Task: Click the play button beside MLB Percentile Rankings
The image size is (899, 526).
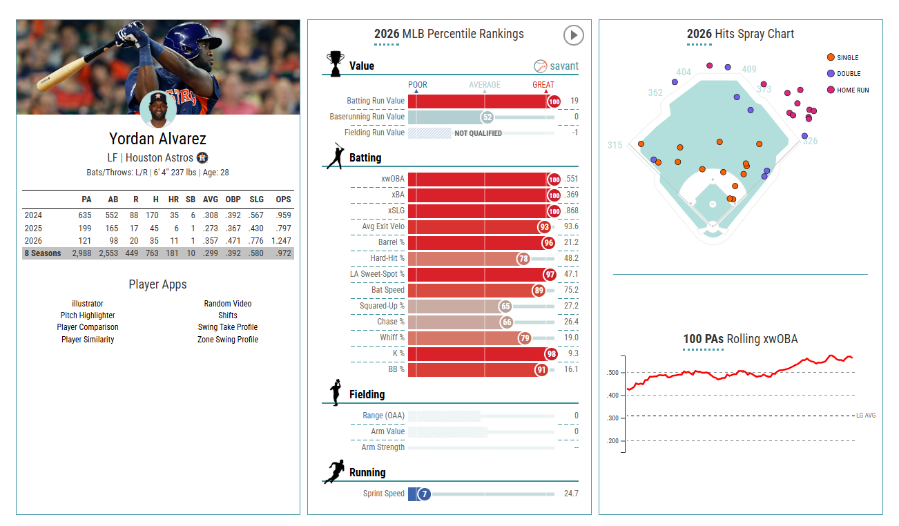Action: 574,35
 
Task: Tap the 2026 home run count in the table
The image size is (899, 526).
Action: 173,241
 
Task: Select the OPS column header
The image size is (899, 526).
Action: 283,199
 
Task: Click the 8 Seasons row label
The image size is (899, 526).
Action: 43,253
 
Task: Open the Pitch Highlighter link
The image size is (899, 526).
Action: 88,315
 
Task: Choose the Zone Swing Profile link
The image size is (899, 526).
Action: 228,339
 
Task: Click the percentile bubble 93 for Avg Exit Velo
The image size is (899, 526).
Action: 545,227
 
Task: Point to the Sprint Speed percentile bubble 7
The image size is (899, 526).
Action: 424,494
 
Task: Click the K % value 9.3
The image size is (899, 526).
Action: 573,353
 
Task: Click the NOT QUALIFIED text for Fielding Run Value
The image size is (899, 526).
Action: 478,133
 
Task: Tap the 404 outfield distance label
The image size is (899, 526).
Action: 684,72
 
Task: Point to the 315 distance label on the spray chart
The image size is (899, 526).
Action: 615,146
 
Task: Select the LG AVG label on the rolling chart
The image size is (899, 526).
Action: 866,416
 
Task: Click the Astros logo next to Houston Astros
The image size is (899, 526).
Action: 202,157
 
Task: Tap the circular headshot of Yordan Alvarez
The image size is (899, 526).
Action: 158,109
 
